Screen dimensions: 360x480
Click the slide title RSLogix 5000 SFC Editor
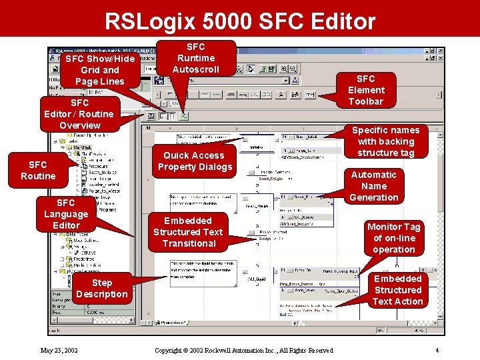(240, 21)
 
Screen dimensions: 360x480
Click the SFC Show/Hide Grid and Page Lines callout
(100, 69)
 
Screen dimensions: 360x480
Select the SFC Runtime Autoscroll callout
(195, 58)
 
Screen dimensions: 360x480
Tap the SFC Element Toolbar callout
(366, 90)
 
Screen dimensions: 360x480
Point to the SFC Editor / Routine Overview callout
(80, 114)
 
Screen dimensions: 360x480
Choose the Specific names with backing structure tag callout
(385, 141)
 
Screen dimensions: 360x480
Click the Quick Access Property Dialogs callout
(195, 161)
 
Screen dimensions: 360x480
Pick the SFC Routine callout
(38, 170)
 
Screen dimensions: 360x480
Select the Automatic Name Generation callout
(373, 186)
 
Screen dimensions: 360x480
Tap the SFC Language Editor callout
(66, 213)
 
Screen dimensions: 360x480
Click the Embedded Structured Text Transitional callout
(188, 232)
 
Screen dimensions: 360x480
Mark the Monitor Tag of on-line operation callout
(394, 238)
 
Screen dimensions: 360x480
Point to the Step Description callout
(101, 288)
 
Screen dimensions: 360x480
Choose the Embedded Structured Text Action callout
(398, 290)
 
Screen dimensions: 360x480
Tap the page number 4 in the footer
(437, 350)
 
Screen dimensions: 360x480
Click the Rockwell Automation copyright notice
(243, 350)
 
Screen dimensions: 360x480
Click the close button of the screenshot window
(441, 51)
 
